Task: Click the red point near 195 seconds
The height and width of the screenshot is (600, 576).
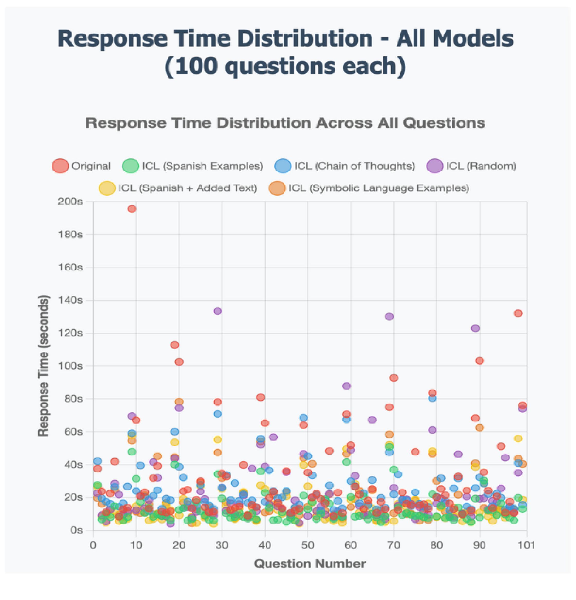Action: (132, 209)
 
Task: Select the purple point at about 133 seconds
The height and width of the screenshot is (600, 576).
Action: (218, 311)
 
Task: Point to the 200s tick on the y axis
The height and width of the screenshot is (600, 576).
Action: (70, 201)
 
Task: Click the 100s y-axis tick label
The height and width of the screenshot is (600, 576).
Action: (70, 366)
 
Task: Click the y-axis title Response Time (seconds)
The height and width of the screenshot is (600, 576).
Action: (43, 366)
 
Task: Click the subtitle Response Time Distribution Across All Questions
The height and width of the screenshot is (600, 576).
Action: (285, 123)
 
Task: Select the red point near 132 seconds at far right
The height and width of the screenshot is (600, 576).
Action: (518, 313)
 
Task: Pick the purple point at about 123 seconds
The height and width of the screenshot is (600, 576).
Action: (475, 328)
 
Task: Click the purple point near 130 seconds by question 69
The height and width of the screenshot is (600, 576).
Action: (389, 316)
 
